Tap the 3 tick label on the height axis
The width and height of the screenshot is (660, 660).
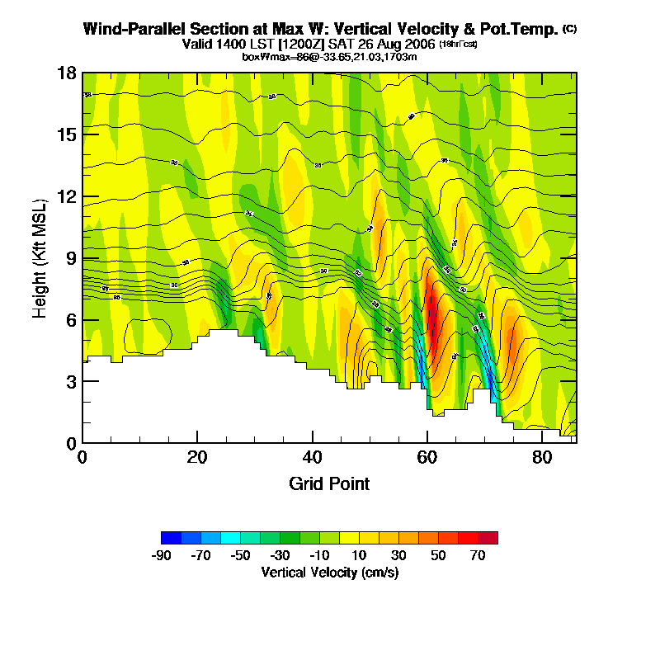pos(72,382)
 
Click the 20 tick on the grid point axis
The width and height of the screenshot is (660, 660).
pos(197,443)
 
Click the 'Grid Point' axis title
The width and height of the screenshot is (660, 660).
pos(329,483)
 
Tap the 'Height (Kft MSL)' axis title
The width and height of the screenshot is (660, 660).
pos(40,257)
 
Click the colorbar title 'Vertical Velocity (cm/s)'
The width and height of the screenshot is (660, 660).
pos(329,572)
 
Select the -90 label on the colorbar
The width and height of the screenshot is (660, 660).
pos(161,556)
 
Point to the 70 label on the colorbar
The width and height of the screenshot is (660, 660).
pos(478,556)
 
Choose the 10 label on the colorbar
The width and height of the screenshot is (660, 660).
pos(359,556)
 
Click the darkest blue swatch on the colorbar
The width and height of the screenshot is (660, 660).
pos(171,538)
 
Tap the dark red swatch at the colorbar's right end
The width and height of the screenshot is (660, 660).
pos(488,538)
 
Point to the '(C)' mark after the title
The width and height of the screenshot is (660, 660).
pos(569,29)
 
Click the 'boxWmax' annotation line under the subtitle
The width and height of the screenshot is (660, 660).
pos(329,56)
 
